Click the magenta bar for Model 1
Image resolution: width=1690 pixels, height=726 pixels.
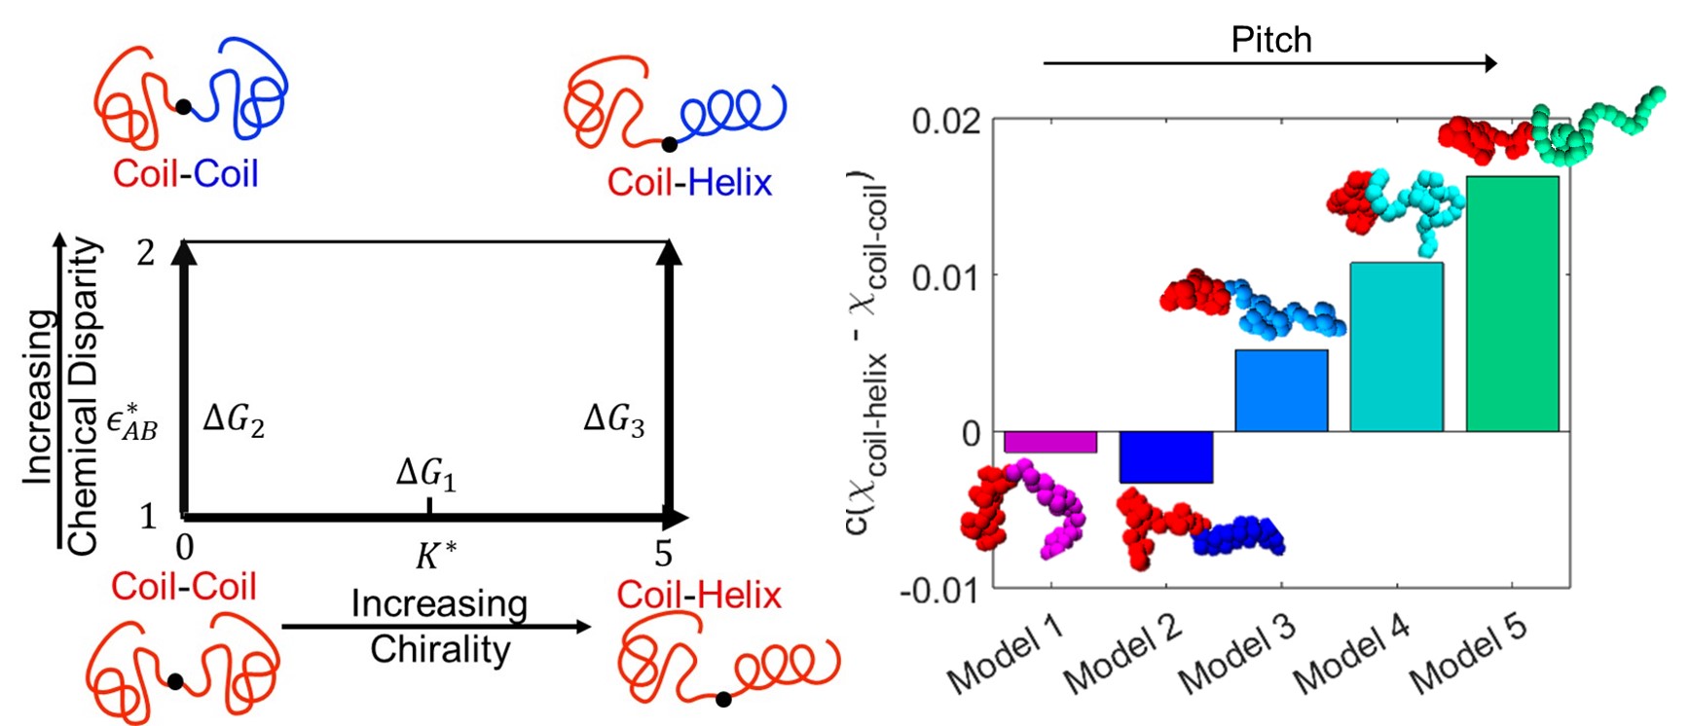(x=1049, y=442)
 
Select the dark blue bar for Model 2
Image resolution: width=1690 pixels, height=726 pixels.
(x=1165, y=456)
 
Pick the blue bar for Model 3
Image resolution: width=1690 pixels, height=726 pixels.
(x=1281, y=390)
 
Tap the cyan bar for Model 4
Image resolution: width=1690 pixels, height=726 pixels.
(x=1396, y=346)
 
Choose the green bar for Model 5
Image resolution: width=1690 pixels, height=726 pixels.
(x=1512, y=304)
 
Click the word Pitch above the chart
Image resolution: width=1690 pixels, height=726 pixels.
(x=1271, y=40)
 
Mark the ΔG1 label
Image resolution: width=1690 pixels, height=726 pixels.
(x=426, y=474)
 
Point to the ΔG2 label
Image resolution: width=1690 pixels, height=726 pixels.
(x=234, y=419)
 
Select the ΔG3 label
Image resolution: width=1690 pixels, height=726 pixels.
(x=613, y=419)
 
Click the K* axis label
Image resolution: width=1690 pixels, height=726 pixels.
(x=435, y=555)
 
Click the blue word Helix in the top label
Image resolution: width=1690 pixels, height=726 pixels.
(x=729, y=182)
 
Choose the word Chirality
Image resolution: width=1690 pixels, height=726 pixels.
(x=440, y=649)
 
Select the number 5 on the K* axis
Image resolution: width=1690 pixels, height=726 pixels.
(x=663, y=554)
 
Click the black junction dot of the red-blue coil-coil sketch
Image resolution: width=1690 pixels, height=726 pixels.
(x=183, y=107)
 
